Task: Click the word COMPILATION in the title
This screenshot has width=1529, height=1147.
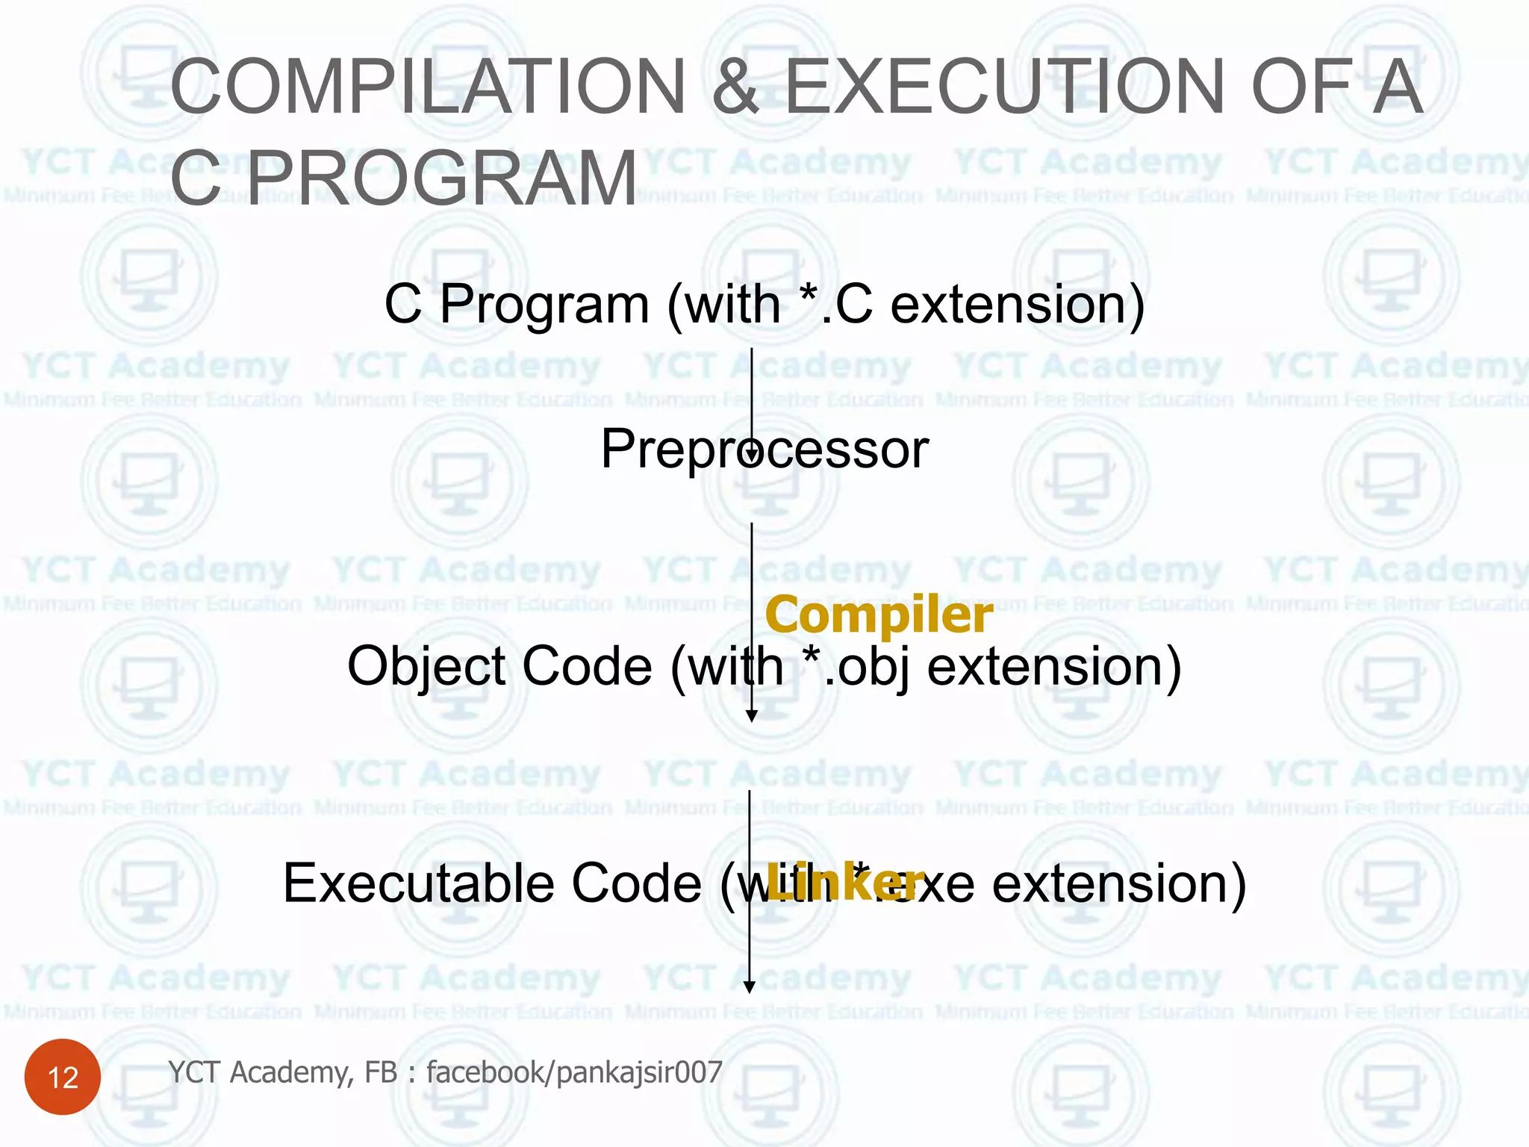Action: pos(428,87)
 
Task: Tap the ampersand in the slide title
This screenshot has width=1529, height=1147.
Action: pos(735,87)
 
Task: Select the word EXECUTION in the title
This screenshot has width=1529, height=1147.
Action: pos(1004,87)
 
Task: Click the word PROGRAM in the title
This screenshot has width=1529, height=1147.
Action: pos(442,179)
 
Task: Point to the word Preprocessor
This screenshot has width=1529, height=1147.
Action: pos(764,450)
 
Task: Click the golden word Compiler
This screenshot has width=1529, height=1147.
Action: pos(878,615)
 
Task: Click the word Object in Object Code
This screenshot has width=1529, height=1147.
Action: pos(426,666)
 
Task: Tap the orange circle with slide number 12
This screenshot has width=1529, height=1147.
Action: pos(63,1077)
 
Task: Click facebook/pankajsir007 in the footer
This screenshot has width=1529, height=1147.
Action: pos(574,1072)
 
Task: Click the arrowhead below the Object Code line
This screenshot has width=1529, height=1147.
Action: pos(752,715)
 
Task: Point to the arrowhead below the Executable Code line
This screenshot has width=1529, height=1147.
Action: pos(750,986)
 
